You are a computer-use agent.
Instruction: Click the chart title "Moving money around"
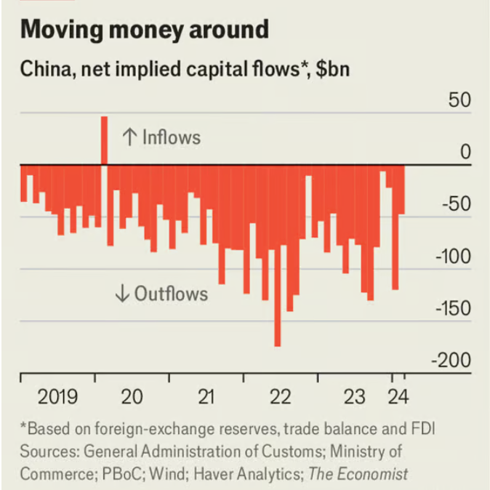145,30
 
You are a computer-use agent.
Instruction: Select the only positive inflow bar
104,140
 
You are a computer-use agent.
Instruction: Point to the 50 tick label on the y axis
459,100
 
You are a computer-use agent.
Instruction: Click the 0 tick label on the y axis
465,153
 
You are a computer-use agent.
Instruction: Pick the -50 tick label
455,205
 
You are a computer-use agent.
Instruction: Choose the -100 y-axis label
452,257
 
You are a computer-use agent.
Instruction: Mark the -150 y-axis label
452,309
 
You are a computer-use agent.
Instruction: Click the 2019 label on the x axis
57,397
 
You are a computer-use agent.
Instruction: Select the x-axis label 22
280,397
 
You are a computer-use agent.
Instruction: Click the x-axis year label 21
206,397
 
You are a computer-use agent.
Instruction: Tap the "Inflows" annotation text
171,137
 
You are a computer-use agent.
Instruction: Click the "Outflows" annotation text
171,294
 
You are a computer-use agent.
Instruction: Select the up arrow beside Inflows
130,137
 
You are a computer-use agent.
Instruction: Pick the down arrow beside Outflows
122,294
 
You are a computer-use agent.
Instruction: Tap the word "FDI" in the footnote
423,427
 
